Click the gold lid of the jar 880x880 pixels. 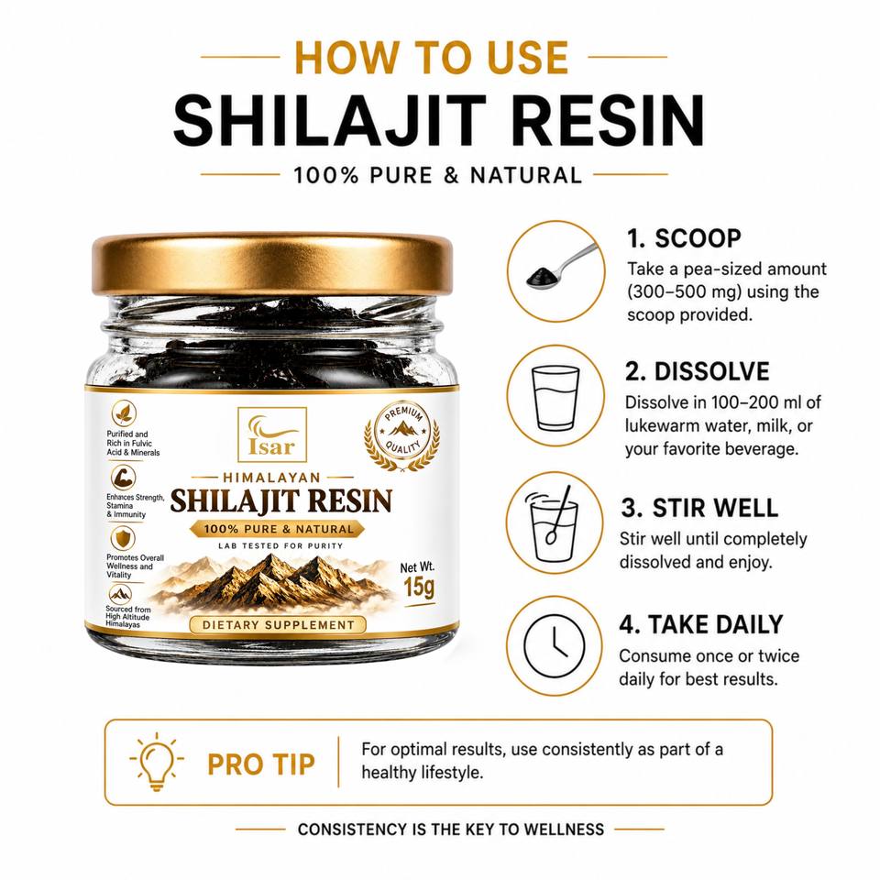click(x=272, y=264)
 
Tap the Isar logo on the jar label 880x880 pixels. click(x=272, y=434)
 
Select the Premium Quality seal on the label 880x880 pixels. click(x=401, y=436)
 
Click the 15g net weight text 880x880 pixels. click(x=419, y=588)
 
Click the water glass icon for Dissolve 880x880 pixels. click(x=555, y=397)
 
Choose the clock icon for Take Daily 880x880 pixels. click(x=554, y=645)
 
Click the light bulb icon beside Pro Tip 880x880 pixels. click(x=157, y=762)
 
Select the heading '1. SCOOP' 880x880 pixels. click(x=684, y=238)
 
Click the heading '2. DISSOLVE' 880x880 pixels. click(x=697, y=371)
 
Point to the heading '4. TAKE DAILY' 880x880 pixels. click(x=701, y=624)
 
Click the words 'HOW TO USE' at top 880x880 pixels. click(x=432, y=57)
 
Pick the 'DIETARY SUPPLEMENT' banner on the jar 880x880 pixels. click(x=279, y=624)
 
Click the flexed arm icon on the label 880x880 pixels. click(x=122, y=478)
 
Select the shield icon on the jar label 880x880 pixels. click(x=122, y=539)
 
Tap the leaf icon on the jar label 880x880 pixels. click(x=124, y=413)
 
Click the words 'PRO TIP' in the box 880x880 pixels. click(x=261, y=764)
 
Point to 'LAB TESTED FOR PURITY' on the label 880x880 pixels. click(x=280, y=545)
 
